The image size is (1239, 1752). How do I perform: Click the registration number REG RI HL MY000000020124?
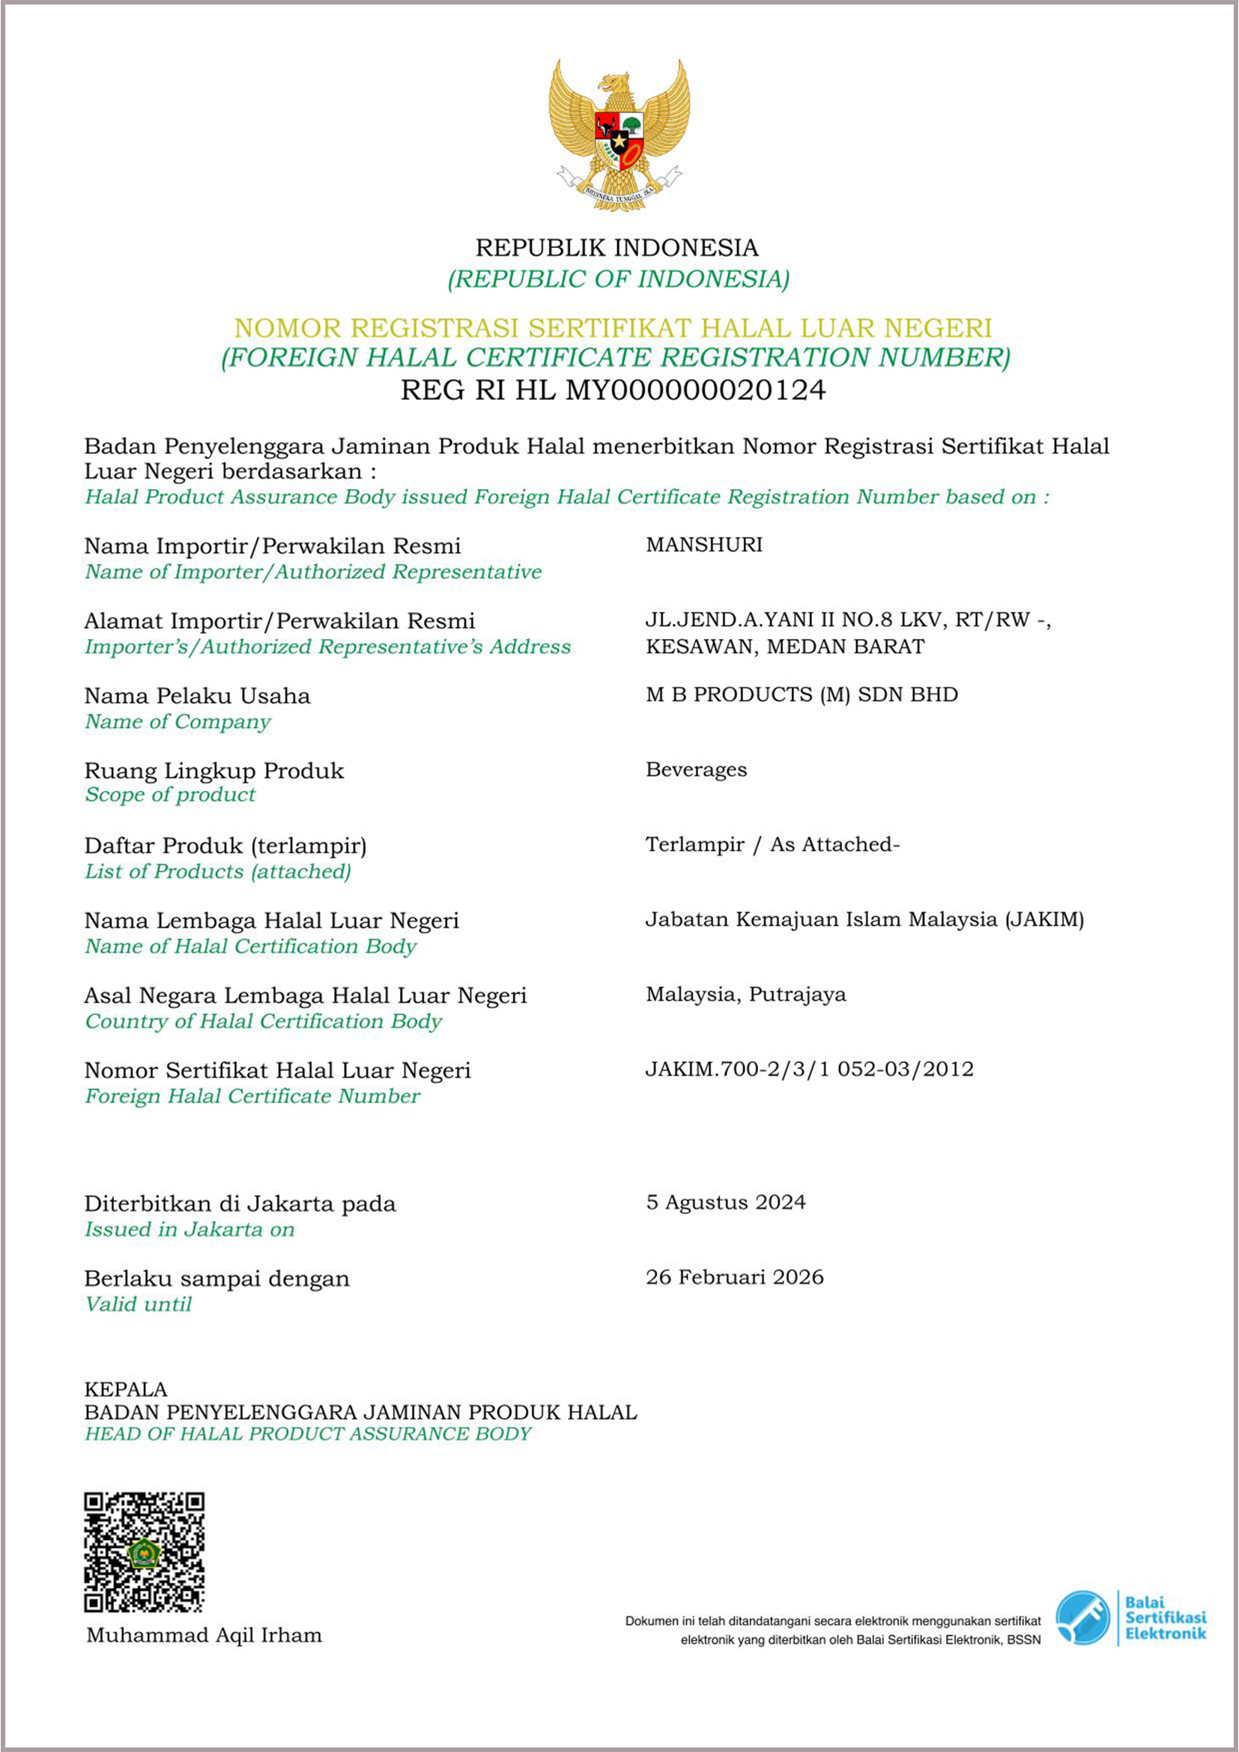(x=614, y=391)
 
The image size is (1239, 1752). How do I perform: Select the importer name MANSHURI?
(x=703, y=545)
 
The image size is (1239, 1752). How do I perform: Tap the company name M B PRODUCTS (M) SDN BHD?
(x=801, y=694)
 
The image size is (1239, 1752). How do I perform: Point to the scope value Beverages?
(x=696, y=769)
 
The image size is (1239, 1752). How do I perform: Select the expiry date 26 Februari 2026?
(x=734, y=1277)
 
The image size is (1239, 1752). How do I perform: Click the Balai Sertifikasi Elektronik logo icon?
(x=1082, y=1617)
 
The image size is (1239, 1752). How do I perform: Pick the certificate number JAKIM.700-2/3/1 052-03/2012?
(x=809, y=1069)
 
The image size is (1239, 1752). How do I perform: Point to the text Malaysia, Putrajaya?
(x=745, y=994)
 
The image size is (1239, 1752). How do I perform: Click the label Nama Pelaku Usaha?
(x=197, y=696)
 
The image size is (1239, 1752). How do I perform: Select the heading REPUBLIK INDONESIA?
(x=617, y=248)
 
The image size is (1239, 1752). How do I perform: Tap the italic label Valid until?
(x=138, y=1304)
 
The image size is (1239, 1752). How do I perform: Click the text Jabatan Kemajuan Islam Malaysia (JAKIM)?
(x=864, y=920)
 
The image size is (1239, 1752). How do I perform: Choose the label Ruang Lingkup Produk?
(x=213, y=771)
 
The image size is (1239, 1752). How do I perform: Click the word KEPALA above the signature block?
(x=125, y=1389)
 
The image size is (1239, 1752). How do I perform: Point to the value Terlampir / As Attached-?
(x=772, y=845)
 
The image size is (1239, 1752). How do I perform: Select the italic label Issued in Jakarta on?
(x=190, y=1229)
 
